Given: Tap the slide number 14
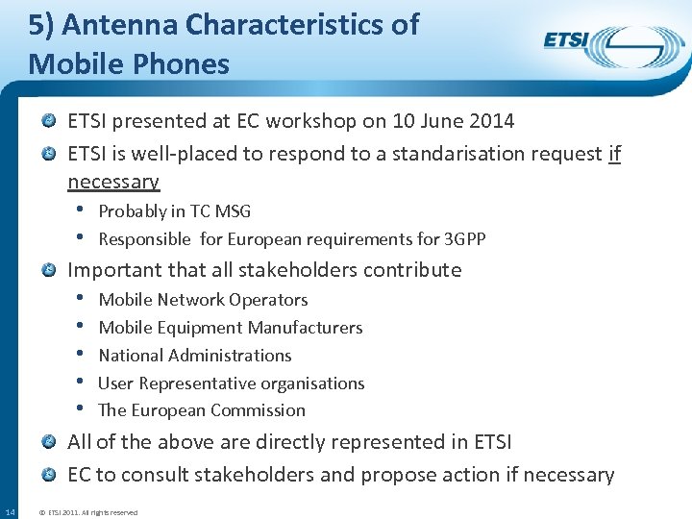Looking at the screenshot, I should point(10,510).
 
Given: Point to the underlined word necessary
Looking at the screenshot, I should point(113,182).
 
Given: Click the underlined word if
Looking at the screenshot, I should point(615,154).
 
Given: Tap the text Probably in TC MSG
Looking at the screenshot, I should point(174,211).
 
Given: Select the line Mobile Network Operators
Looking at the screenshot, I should point(203,300).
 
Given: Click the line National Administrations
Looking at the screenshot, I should point(195,356).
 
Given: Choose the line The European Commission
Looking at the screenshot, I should point(202,410).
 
